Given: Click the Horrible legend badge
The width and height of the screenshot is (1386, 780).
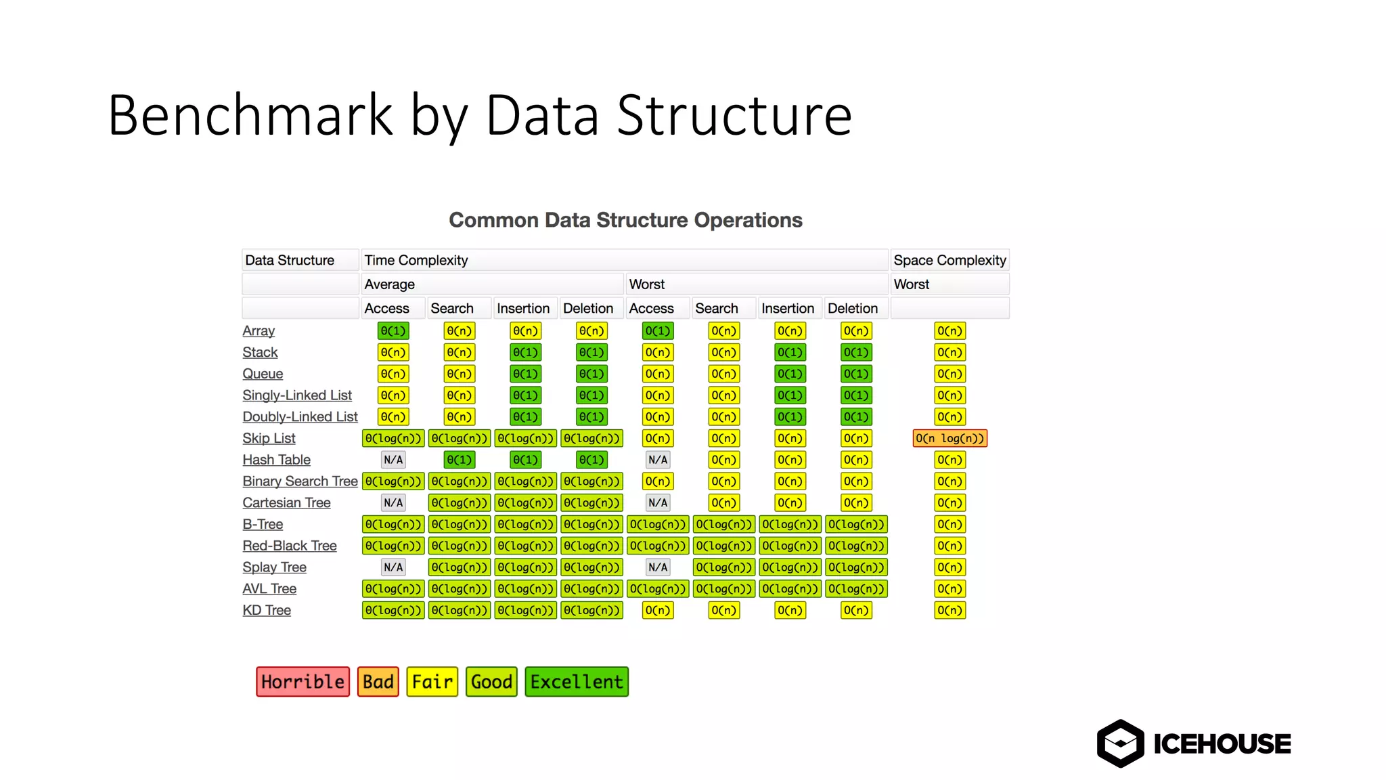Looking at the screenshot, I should pyautogui.click(x=303, y=681).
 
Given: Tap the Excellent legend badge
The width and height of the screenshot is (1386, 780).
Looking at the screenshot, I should pyautogui.click(x=577, y=681).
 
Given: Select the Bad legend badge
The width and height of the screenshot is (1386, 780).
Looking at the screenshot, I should pyautogui.click(x=378, y=681).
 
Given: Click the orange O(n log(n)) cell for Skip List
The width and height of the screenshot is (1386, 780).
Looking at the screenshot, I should pyautogui.click(x=949, y=438).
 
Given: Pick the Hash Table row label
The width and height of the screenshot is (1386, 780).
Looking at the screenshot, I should pyautogui.click(x=276, y=460).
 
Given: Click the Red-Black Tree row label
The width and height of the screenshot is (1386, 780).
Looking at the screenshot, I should pyautogui.click(x=289, y=546).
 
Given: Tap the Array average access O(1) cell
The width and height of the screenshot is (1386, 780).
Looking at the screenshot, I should pyautogui.click(x=393, y=331).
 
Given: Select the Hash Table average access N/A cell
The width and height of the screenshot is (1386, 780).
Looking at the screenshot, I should pyautogui.click(x=393, y=460).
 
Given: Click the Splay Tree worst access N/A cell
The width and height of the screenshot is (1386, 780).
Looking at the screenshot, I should pyautogui.click(x=657, y=567).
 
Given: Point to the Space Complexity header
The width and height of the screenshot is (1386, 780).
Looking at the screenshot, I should pyautogui.click(x=949, y=260).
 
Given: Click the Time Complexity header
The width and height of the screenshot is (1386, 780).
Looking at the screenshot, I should pyautogui.click(x=416, y=260).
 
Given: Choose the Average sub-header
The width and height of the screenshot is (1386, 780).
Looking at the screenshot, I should pyautogui.click(x=390, y=284).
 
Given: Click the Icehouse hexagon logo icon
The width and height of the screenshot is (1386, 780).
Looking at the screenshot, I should pyautogui.click(x=1120, y=743).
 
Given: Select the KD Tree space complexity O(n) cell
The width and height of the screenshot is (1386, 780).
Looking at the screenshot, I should pyautogui.click(x=949, y=610).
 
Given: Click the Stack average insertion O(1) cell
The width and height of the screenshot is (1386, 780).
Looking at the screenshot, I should pyautogui.click(x=525, y=352).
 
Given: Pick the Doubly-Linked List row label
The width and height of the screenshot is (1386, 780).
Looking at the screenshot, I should pyautogui.click(x=300, y=417).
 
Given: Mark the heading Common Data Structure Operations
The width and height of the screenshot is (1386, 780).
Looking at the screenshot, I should pyautogui.click(x=625, y=220).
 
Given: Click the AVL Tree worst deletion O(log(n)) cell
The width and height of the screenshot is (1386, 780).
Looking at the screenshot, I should pyautogui.click(x=856, y=589).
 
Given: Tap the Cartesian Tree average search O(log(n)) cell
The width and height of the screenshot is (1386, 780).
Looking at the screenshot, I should pyautogui.click(x=459, y=503).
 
